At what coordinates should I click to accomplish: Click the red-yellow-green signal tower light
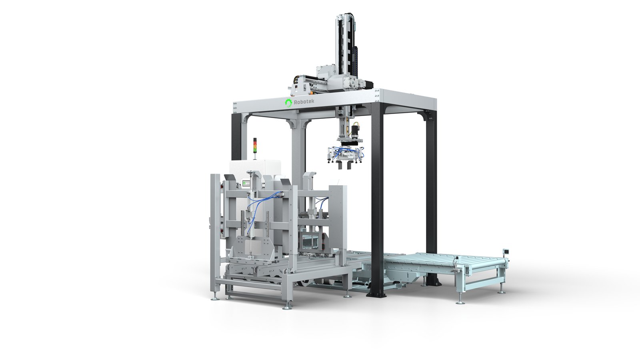coord(255,146)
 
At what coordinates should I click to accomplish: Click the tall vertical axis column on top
coord(345,42)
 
